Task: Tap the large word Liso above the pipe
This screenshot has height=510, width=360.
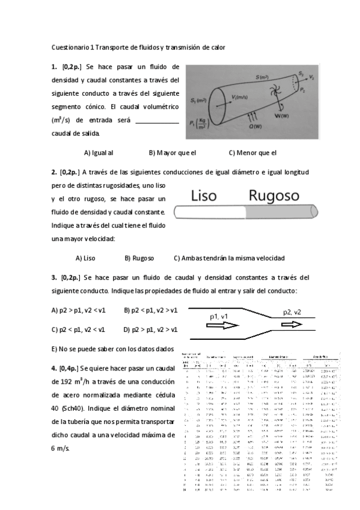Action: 209,195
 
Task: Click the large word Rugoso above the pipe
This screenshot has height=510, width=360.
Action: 275,196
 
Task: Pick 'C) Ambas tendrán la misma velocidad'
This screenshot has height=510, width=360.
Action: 229,258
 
